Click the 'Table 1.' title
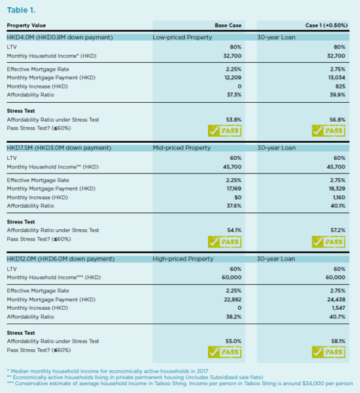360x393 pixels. click(22, 10)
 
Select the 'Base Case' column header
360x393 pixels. click(228, 26)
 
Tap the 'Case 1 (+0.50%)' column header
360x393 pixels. click(326, 26)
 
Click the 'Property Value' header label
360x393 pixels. click(26, 26)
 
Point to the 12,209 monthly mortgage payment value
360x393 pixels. click(233, 78)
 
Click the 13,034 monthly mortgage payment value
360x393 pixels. click(336, 78)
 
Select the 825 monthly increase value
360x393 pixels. click(340, 86)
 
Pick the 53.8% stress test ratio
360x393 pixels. click(234, 120)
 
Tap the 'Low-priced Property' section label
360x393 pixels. click(183, 37)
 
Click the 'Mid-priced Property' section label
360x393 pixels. click(181, 148)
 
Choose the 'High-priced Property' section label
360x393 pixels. click(183, 259)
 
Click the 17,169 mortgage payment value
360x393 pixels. click(234, 189)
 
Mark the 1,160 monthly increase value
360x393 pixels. click(339, 198)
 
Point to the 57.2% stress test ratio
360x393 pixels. click(338, 230)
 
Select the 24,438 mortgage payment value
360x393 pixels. click(336, 299)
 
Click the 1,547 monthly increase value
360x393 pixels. click(339, 308)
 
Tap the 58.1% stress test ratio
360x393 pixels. click(338, 341)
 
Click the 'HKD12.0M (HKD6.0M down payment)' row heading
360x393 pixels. click(61, 259)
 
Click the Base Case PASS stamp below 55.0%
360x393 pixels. click(225, 352)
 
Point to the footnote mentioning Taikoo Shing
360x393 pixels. click(180, 383)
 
